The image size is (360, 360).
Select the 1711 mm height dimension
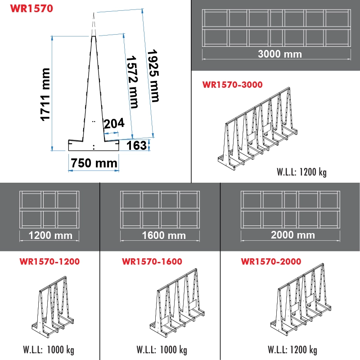45,94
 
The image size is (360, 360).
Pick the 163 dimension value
137,145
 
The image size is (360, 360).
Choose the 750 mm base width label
94,163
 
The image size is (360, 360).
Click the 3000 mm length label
279,54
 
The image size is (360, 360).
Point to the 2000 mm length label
292,235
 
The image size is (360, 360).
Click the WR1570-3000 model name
232,84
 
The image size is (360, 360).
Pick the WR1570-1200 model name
49,261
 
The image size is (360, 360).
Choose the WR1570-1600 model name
152,261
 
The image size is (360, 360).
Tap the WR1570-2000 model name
271,261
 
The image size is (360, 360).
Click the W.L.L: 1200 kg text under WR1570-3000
301,171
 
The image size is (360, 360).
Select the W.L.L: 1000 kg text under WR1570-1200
48,350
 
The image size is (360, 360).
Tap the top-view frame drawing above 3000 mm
277,28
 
